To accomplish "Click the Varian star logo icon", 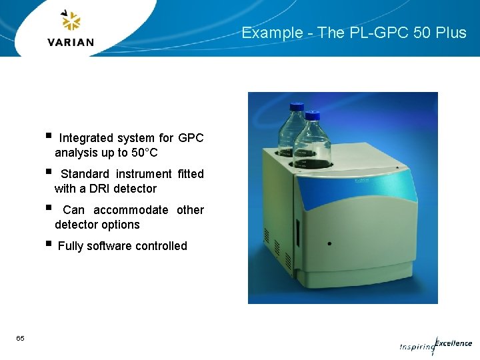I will pyautogui.click(x=70, y=21).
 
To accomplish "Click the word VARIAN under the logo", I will pyautogui.click(x=71, y=43).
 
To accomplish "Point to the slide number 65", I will pyautogui.click(x=21, y=339).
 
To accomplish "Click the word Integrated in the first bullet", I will pyautogui.click(x=86, y=138).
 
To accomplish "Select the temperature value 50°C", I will pyautogui.click(x=144, y=153).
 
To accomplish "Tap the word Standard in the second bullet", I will pyautogui.click(x=85, y=174).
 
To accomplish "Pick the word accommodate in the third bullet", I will pyautogui.click(x=131, y=210).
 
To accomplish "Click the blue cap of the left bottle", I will pyautogui.click(x=295, y=107).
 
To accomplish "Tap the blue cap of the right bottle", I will pyautogui.click(x=313, y=117).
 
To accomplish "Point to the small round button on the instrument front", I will pyautogui.click(x=329, y=243).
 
